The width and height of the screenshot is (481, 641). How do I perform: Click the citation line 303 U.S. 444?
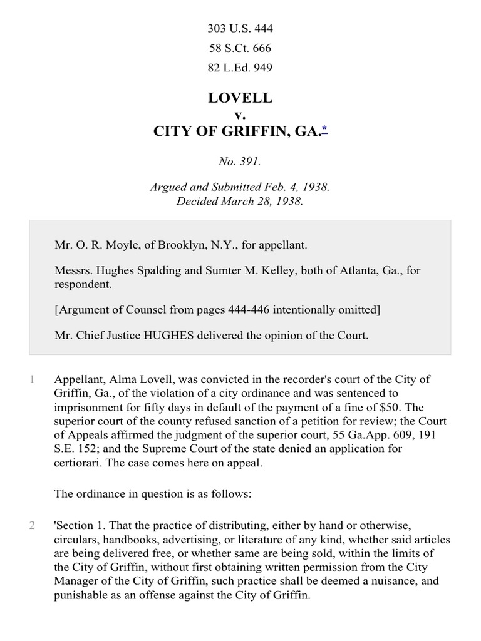[240, 29]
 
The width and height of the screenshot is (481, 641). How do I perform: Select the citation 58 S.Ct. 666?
[240, 48]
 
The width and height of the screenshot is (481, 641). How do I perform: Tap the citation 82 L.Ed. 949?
[240, 68]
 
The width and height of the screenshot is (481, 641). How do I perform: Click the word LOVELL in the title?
[240, 98]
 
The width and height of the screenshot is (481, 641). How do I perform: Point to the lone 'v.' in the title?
[240, 115]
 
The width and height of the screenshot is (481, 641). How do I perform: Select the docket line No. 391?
[240, 161]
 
